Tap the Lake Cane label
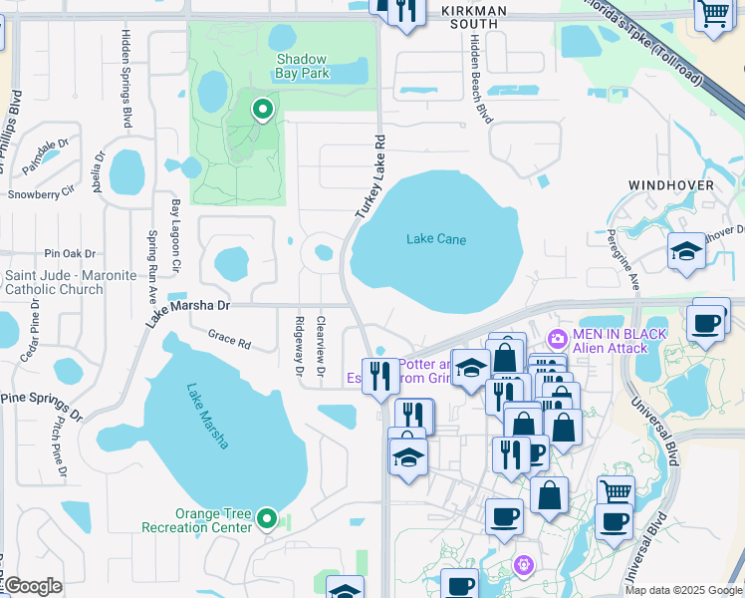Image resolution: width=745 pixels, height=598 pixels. click(x=436, y=239)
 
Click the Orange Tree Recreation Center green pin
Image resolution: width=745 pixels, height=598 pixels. click(x=267, y=517)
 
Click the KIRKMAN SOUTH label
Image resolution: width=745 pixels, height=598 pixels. click(x=474, y=17)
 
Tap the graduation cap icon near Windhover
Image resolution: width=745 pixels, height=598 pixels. click(x=686, y=251)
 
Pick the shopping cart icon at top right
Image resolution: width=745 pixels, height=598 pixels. click(x=713, y=15)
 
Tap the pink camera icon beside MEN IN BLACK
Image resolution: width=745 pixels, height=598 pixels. click(x=556, y=340)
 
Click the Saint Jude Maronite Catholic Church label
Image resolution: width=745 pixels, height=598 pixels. click(x=70, y=282)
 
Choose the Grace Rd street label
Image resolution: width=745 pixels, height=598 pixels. click(x=229, y=339)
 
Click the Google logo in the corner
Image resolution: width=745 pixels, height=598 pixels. click(x=33, y=586)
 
